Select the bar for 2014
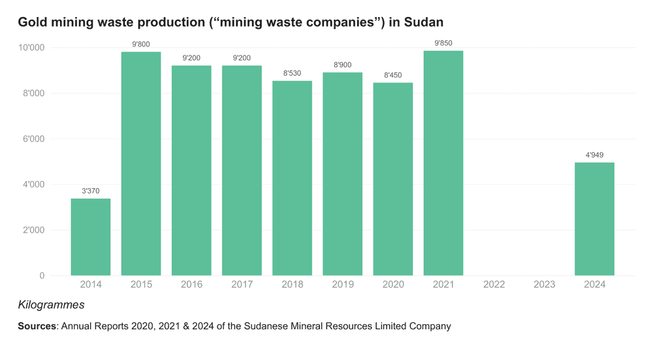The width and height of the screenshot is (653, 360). pyautogui.click(x=91, y=237)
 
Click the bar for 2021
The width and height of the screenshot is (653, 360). pyautogui.click(x=443, y=163)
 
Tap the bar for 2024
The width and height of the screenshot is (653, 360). pyautogui.click(x=594, y=219)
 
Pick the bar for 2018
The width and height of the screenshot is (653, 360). pyautogui.click(x=292, y=178)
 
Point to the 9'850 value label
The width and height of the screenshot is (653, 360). pyautogui.click(x=443, y=44)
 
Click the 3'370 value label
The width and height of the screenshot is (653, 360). pyautogui.click(x=91, y=191)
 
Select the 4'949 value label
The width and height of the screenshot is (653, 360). pyautogui.click(x=594, y=155)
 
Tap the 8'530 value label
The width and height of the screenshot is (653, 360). pyautogui.click(x=292, y=73)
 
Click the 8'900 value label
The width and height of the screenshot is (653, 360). pyautogui.click(x=342, y=65)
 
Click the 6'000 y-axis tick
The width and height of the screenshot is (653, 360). pyautogui.click(x=32, y=139)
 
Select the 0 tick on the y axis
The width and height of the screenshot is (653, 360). pyautogui.click(x=42, y=276)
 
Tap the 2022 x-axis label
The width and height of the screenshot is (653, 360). pyautogui.click(x=494, y=284)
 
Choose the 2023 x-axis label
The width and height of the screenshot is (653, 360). pyautogui.click(x=544, y=284)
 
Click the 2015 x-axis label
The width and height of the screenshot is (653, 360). pyautogui.click(x=141, y=284)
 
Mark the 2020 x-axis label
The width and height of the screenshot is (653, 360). pyautogui.click(x=393, y=284)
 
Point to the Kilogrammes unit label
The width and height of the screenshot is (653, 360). pyautogui.click(x=51, y=305)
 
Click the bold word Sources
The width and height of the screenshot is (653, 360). pyautogui.click(x=37, y=326)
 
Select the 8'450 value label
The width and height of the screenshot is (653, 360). pyautogui.click(x=393, y=75)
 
